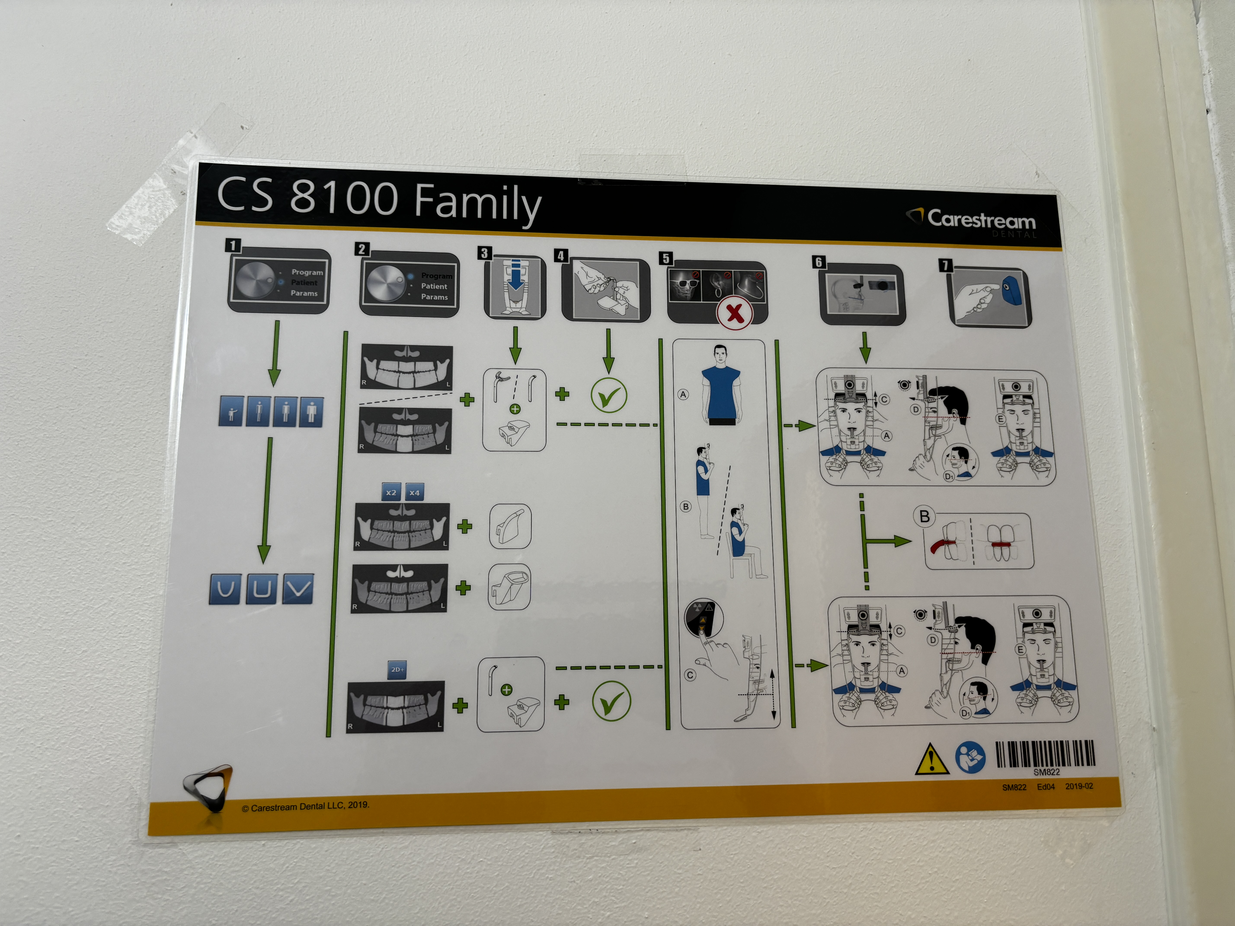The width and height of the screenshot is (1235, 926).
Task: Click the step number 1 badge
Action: tap(233, 245)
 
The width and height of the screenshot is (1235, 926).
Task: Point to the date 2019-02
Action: tap(1079, 786)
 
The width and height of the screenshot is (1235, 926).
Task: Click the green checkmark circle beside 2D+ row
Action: tap(611, 701)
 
